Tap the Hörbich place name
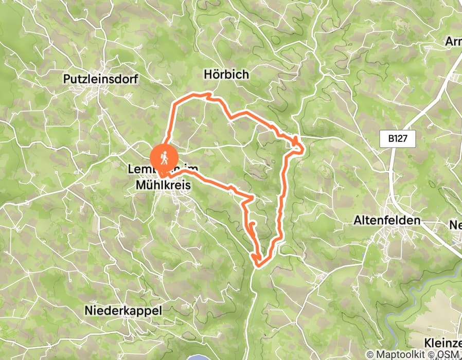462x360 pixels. [226, 75]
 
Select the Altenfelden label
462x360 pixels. [387, 221]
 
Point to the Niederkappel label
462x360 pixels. [123, 311]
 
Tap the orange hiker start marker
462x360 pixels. [164, 158]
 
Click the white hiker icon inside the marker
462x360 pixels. [164, 157]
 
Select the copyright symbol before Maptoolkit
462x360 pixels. [370, 355]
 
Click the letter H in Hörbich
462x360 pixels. [207, 75]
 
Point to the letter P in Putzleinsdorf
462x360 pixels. [67, 79]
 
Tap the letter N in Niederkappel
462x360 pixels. [88, 311]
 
